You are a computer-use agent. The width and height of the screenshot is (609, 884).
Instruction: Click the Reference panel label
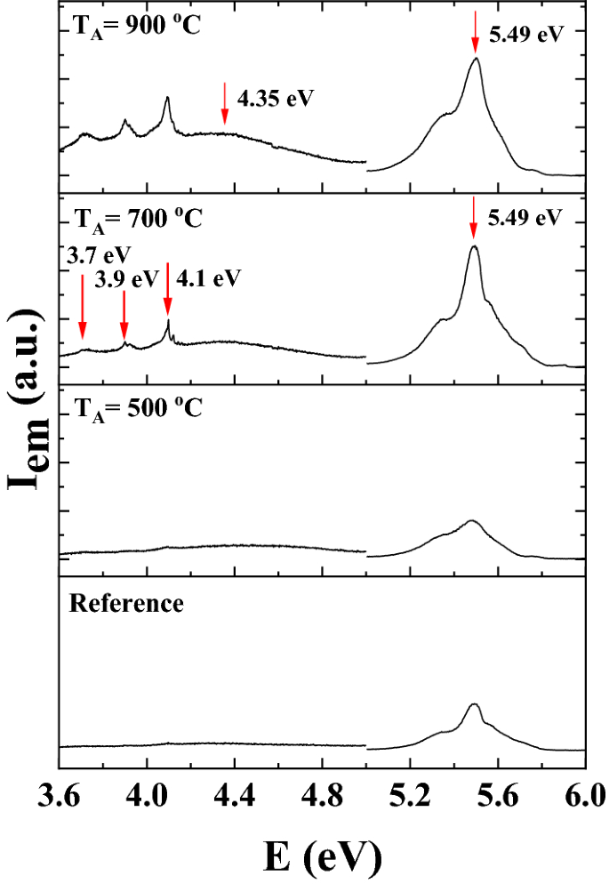click(126, 604)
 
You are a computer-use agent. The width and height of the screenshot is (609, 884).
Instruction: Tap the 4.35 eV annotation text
click(276, 97)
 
